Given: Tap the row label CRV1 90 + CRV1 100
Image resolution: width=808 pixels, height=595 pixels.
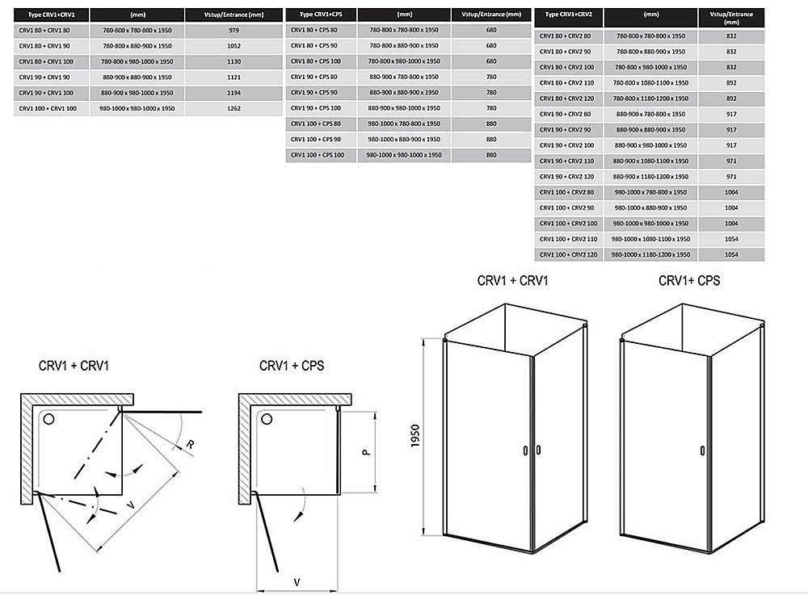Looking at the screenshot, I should coord(48,93).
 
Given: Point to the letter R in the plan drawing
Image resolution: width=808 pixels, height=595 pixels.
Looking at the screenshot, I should coord(188,443).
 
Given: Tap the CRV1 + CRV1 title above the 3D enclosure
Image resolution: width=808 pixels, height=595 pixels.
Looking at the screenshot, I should coord(511,281).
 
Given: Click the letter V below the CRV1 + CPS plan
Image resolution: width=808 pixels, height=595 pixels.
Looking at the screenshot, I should coord(297,580).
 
